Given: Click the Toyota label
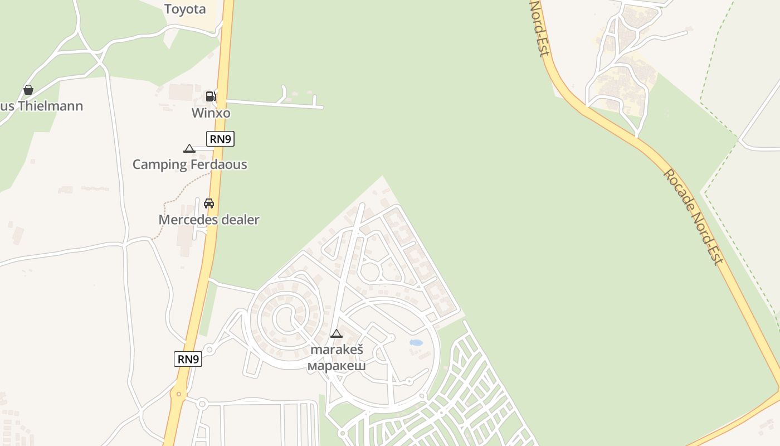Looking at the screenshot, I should (x=185, y=9).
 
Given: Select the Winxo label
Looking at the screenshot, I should (x=211, y=113).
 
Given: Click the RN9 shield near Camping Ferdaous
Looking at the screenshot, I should (x=220, y=139).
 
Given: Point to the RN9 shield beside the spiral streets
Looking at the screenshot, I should (x=188, y=359).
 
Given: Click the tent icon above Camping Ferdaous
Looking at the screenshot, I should (x=189, y=148).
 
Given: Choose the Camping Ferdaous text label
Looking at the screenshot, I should (x=189, y=164).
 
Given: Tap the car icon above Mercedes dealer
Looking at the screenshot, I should (x=209, y=203).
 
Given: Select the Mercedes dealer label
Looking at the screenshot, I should (x=209, y=220).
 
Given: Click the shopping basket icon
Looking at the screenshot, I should (x=28, y=90).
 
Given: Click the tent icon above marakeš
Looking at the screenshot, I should (x=336, y=334).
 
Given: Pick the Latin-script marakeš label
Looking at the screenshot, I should (x=337, y=350).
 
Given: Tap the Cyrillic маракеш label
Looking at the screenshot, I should (x=337, y=366).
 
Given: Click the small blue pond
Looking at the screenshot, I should (x=416, y=343).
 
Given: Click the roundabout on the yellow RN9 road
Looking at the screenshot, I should (x=178, y=394).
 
